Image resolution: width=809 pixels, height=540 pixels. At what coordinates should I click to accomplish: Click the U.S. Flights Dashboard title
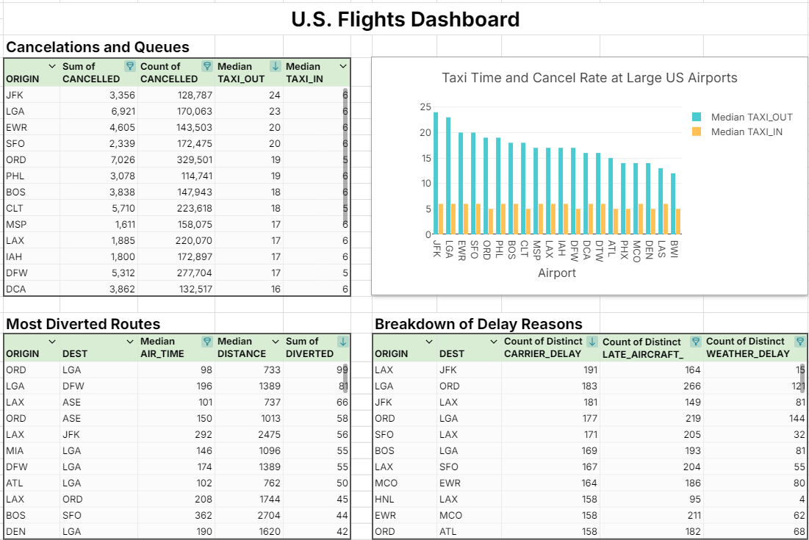coord(405,19)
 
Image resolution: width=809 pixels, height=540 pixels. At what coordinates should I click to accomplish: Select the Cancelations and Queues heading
coord(97,47)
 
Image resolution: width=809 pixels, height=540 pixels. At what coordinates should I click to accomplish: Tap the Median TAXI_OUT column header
coord(241,72)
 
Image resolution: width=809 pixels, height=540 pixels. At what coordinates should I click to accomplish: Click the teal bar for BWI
coord(672,204)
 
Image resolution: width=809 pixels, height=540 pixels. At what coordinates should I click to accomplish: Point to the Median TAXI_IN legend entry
coord(746,132)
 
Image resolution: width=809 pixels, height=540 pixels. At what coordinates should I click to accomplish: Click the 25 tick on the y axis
coord(425,107)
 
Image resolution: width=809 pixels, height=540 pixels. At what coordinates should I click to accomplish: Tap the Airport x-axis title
coord(557,273)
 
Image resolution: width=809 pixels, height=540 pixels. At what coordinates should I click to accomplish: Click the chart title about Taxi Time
coord(589,78)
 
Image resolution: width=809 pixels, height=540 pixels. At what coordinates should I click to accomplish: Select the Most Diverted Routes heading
coord(82,324)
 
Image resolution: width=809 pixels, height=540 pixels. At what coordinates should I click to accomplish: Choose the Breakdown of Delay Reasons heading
coord(478,324)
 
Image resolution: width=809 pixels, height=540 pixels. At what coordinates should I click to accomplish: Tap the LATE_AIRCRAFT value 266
coord(691,386)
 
